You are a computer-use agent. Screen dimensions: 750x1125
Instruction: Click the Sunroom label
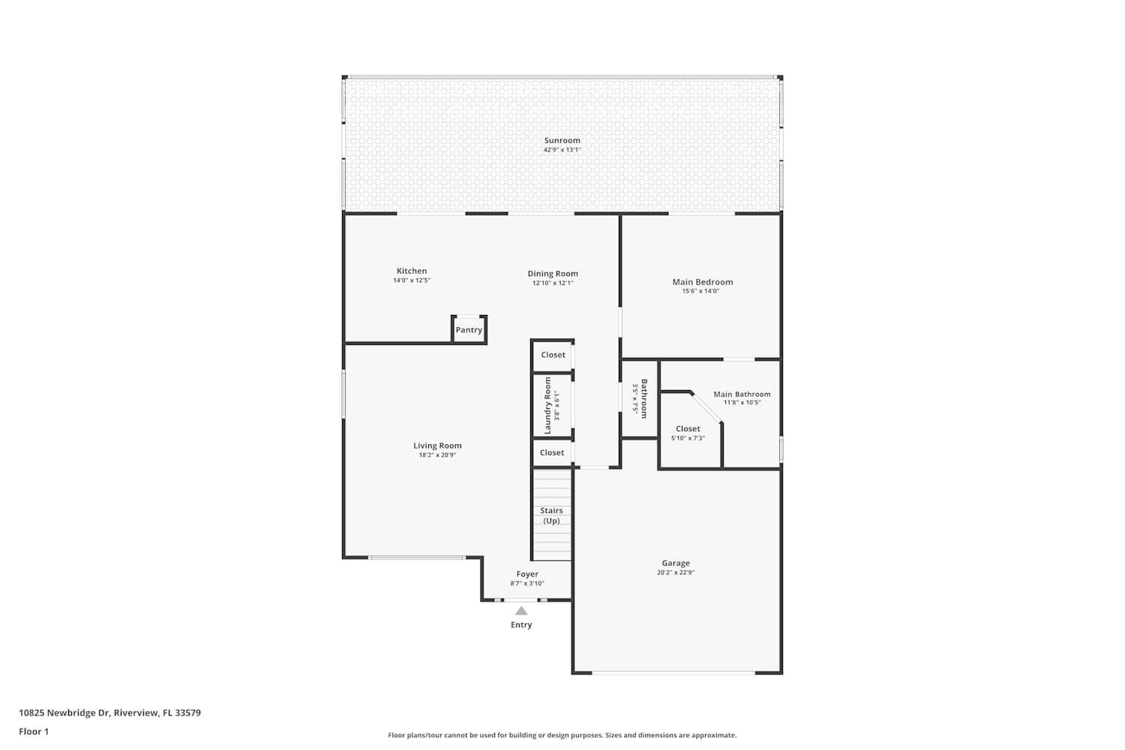click(x=562, y=140)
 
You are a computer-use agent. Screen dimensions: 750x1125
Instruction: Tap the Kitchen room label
click(x=412, y=271)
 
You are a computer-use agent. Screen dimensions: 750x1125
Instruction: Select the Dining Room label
click(x=553, y=274)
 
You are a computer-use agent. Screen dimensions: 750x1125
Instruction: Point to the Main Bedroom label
click(x=702, y=282)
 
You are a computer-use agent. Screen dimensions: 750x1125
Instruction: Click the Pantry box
click(x=469, y=330)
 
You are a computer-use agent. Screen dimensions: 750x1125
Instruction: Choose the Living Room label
click(x=437, y=445)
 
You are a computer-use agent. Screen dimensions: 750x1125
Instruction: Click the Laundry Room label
click(x=547, y=406)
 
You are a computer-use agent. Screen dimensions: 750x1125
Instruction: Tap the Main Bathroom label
click(x=742, y=394)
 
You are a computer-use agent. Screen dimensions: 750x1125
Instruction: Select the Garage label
click(x=676, y=563)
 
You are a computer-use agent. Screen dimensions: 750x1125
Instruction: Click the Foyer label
click(x=527, y=574)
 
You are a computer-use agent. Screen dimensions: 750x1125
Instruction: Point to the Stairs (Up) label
click(x=551, y=515)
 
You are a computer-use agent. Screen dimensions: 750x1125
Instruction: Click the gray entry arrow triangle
click(x=521, y=610)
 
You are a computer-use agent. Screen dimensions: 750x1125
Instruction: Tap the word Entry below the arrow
click(x=521, y=625)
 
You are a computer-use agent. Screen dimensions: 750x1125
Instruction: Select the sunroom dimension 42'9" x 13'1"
click(x=562, y=150)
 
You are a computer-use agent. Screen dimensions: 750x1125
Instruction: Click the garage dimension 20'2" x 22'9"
click(x=676, y=572)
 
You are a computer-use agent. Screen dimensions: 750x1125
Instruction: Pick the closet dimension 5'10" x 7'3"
click(x=688, y=438)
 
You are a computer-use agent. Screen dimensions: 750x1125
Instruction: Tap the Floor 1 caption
click(x=34, y=731)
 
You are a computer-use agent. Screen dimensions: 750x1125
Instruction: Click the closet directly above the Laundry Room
click(x=553, y=355)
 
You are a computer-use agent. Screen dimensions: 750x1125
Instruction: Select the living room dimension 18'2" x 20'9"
click(x=437, y=455)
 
